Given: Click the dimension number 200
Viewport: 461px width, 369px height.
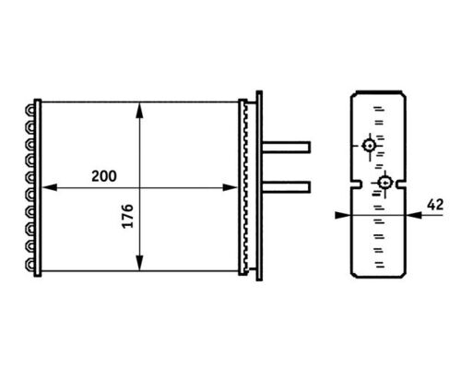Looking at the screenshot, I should [104, 175].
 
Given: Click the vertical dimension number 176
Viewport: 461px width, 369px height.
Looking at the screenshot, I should [126, 218].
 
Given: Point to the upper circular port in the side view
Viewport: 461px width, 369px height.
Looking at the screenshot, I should [369, 145].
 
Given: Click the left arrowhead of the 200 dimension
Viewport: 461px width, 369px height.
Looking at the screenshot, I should [48, 187].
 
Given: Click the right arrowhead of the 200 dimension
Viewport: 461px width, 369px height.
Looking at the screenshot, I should [232, 187].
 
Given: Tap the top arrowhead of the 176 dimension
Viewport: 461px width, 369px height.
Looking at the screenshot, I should [139, 108].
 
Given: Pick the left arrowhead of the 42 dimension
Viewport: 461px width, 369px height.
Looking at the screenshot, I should [344, 214].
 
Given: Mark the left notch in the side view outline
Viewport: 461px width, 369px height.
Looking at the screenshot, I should [354, 188].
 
